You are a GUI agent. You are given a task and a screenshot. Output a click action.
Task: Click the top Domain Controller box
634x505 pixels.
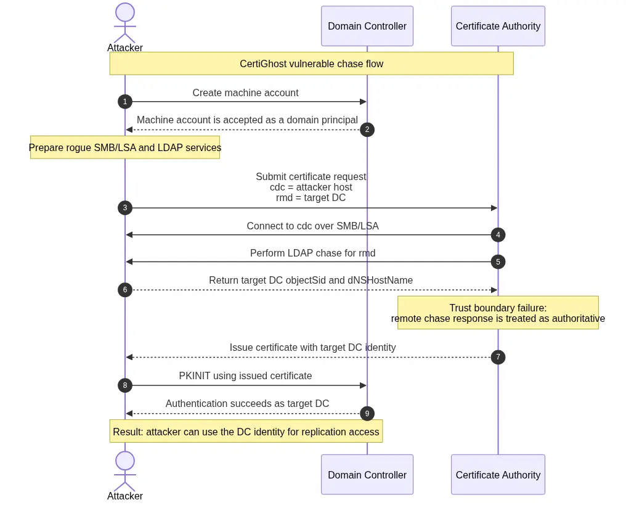point(367,26)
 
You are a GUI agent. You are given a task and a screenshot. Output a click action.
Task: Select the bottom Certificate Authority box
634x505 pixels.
point(498,474)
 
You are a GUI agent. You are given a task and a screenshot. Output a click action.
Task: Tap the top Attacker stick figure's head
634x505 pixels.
point(125,12)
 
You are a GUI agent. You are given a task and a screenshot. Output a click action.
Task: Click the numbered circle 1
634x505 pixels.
point(125,102)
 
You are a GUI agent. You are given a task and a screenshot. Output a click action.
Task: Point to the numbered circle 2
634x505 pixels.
point(367,129)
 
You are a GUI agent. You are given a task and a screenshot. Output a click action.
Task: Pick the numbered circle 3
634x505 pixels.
point(125,208)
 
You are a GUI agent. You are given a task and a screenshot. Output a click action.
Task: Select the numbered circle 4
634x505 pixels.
point(498,235)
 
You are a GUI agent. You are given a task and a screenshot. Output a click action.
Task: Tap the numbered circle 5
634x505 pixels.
point(498,262)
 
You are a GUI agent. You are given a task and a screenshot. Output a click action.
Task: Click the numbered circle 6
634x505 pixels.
point(125,290)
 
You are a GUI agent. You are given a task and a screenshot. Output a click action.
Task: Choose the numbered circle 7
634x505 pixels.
point(498,357)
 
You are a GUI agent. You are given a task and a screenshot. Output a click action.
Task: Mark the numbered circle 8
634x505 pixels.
point(125,385)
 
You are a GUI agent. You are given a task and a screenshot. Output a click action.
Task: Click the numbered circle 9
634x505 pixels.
point(367,414)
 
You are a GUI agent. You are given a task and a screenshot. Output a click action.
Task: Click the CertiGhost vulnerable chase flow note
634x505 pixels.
point(311,64)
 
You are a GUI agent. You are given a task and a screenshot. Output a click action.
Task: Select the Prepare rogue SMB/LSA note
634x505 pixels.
point(125,147)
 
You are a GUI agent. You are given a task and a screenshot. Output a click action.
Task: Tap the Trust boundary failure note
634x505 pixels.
point(498,313)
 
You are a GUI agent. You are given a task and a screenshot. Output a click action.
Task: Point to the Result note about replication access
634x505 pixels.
point(246,432)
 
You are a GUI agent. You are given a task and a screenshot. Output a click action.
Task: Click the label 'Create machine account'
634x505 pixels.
point(245,92)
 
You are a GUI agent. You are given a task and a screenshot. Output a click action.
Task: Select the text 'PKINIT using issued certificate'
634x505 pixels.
point(245,376)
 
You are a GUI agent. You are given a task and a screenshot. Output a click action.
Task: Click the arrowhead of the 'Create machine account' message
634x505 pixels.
point(363,102)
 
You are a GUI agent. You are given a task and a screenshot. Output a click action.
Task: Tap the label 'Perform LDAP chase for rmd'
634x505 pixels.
point(312,253)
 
